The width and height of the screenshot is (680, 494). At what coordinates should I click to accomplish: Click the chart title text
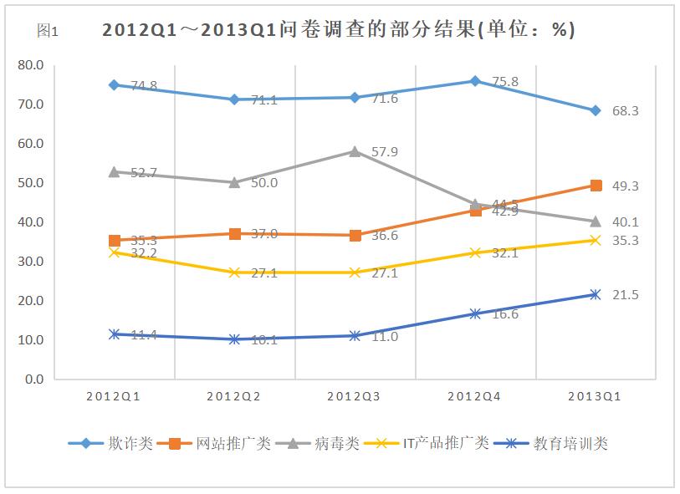[x=338, y=30]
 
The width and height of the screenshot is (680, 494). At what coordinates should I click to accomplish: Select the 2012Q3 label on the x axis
[x=354, y=396]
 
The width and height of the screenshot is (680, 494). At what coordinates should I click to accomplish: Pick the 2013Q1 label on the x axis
[x=595, y=396]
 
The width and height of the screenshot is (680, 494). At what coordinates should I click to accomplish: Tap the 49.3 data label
[x=625, y=186]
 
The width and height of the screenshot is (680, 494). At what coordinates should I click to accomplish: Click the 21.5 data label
[x=625, y=295]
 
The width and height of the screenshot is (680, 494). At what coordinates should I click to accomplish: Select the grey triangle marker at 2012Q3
[x=355, y=151]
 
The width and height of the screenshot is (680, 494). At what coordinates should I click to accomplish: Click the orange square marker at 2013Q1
[x=596, y=186]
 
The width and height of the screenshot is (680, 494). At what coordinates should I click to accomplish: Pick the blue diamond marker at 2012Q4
[x=475, y=81]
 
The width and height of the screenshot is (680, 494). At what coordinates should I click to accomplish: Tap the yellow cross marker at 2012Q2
[x=235, y=272]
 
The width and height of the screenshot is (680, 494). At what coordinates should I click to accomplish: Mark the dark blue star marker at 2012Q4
[x=475, y=314]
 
